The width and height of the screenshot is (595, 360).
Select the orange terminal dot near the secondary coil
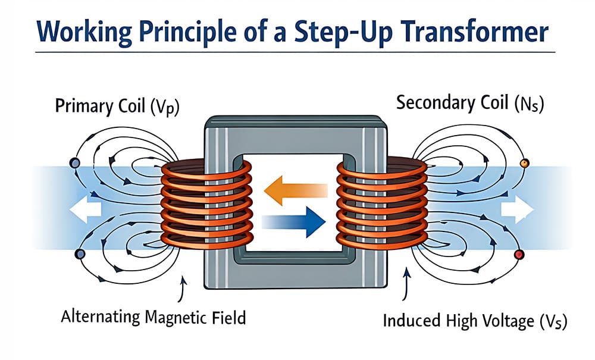524,162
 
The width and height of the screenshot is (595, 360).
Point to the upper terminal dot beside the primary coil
74,162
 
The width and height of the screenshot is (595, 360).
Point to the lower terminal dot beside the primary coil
79,254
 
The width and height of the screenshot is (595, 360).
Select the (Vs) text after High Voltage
550,322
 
